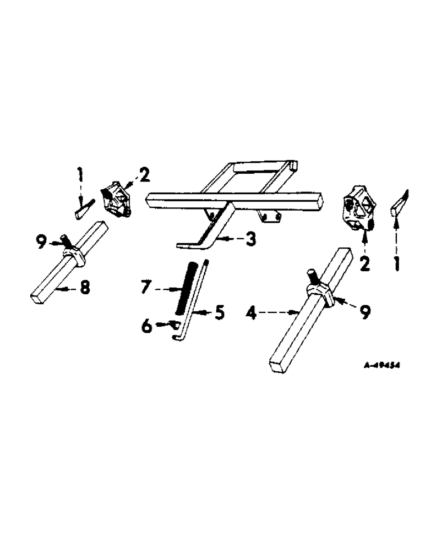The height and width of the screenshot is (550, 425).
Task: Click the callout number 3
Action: tap(250, 240)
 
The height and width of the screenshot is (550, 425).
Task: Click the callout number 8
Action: tap(84, 288)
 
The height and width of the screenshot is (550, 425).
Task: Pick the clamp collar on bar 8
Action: tap(73, 255)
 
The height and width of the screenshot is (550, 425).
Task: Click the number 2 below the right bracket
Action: tap(364, 263)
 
